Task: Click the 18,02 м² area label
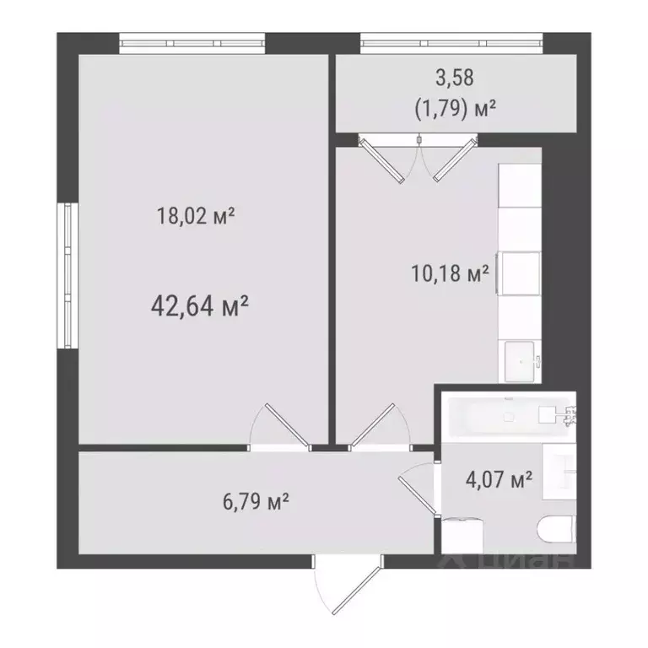point(195,216)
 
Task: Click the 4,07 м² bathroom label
point(499,481)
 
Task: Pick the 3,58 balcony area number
point(455,78)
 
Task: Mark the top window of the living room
point(192,42)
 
